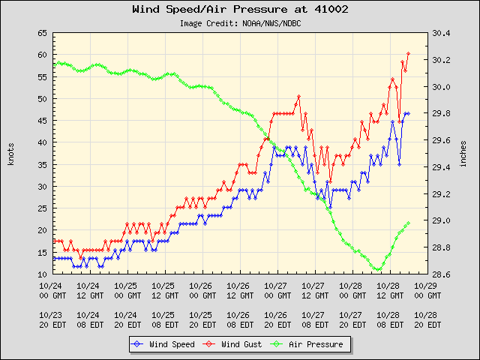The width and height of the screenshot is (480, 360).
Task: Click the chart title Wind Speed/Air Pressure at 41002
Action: click(240, 10)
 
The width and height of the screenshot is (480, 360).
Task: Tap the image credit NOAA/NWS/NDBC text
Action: click(240, 23)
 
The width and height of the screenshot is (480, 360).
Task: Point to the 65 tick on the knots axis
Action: click(42, 33)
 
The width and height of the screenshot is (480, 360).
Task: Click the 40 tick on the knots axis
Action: click(42, 142)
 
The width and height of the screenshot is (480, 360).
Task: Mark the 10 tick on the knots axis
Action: click(42, 274)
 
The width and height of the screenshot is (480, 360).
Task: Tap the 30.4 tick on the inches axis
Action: click(442, 33)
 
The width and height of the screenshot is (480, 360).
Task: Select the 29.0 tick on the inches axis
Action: click(442, 221)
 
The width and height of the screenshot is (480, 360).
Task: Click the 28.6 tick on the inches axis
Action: click(442, 274)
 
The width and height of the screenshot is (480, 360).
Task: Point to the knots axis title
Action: click(11, 154)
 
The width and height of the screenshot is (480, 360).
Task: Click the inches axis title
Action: click(464, 154)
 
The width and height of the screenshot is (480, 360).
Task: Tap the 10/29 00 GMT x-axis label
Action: click(426, 290)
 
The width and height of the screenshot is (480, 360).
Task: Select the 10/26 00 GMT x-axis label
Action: click(201, 290)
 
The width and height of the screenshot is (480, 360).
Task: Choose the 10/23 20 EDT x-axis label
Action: click(51, 320)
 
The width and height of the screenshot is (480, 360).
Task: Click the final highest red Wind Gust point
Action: click(408, 53)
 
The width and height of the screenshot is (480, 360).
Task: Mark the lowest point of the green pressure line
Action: click(377, 270)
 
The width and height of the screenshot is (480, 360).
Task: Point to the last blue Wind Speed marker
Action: click(408, 113)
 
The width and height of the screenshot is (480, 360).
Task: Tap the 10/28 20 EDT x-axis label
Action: click(426, 320)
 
